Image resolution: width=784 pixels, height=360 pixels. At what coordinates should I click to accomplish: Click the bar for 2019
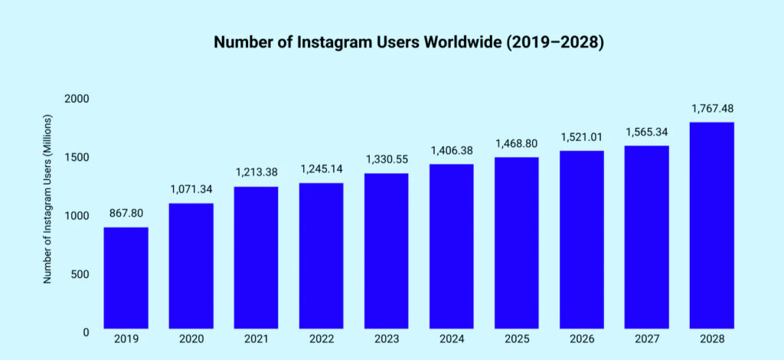(126, 279)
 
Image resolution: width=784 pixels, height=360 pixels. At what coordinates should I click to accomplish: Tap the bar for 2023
(387, 252)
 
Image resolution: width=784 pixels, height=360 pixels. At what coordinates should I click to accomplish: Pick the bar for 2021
(256, 258)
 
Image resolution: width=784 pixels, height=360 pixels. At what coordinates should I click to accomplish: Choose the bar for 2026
(582, 241)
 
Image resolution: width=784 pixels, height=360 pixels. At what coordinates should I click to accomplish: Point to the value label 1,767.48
(712, 109)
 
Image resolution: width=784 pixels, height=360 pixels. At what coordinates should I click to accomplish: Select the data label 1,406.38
(452, 151)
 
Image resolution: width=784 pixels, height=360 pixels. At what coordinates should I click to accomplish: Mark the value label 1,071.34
(191, 190)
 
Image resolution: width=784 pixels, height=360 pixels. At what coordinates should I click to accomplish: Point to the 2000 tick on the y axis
(77, 99)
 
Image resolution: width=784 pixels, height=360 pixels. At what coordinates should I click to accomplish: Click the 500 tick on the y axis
(80, 273)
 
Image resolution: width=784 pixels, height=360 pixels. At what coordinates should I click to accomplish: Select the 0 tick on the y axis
(86, 332)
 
